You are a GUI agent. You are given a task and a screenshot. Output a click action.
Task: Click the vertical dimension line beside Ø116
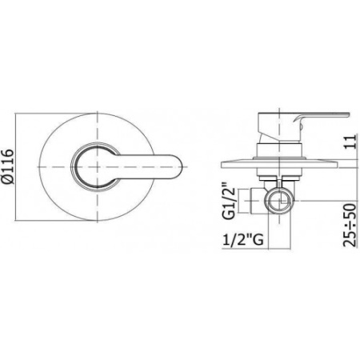[25, 166]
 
